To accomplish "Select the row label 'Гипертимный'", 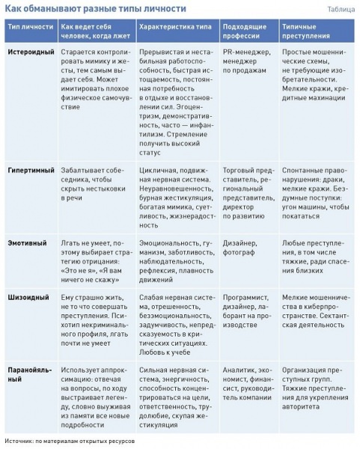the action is [30, 171].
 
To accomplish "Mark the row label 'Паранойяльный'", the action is [30, 375].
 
